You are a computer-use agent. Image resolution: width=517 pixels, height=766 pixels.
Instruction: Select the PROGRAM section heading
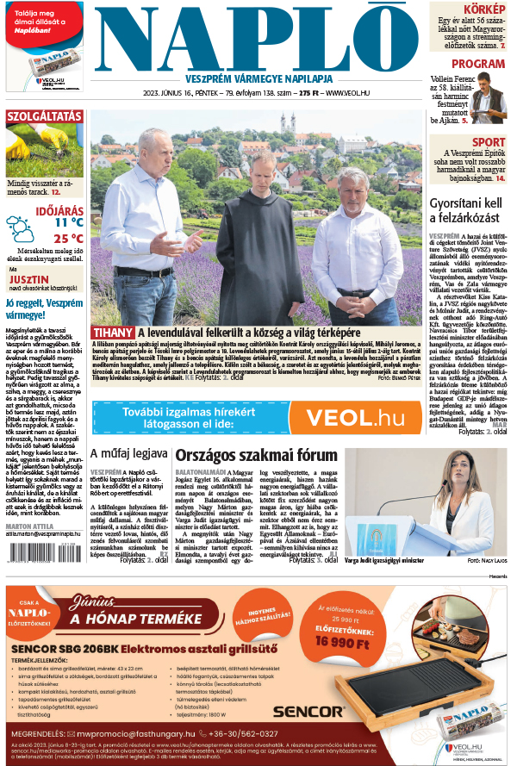[x=478, y=64]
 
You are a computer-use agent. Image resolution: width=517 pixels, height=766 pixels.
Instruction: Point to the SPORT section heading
[x=489, y=142]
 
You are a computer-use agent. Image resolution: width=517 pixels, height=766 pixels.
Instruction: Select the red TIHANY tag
[x=113, y=332]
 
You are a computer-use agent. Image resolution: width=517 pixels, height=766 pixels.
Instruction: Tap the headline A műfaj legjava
[x=129, y=454]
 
